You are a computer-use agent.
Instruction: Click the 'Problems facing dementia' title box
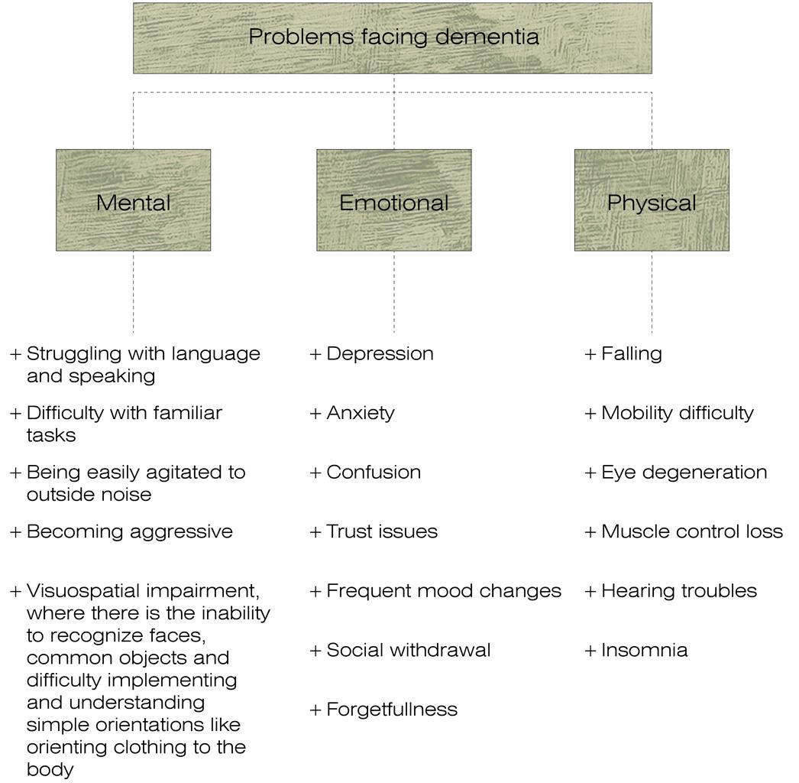(393, 37)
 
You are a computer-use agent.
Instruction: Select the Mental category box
(133, 200)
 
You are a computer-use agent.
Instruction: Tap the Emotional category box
(393, 200)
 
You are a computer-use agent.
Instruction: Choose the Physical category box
(652, 200)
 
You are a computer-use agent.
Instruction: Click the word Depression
(380, 354)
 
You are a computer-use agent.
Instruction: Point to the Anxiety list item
(361, 413)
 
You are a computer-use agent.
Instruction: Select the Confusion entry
(374, 473)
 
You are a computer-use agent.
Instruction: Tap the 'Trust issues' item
(382, 531)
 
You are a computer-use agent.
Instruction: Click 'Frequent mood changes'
(443, 591)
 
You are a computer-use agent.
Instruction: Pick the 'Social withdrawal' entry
(408, 650)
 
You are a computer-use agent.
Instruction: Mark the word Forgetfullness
(392, 710)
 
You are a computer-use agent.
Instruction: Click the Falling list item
(632, 354)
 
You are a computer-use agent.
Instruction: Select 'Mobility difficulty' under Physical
(678, 413)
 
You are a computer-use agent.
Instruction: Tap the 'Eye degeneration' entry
(684, 473)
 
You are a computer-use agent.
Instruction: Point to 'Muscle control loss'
(692, 531)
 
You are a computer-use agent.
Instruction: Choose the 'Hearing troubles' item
(679, 591)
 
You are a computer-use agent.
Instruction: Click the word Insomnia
(644, 650)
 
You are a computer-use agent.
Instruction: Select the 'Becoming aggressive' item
(129, 531)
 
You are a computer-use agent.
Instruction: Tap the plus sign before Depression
(316, 354)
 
